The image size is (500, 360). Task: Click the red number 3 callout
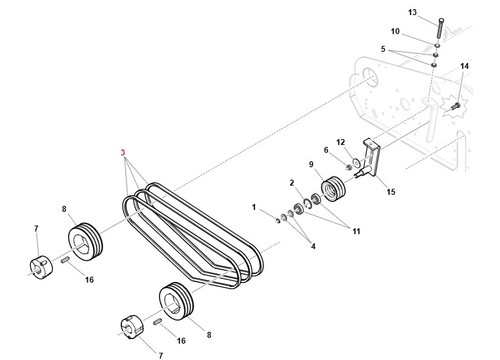point(123,153)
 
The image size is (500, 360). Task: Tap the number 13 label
point(412,12)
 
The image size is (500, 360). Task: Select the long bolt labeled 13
point(440,29)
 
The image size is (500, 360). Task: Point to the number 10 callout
point(395,31)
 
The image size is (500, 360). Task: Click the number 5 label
point(383,49)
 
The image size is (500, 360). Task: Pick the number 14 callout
point(464,66)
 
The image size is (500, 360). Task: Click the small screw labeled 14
point(455,106)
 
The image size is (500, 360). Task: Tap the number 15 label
point(391,192)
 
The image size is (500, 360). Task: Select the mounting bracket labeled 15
point(371,158)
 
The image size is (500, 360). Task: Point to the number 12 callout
point(340,142)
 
